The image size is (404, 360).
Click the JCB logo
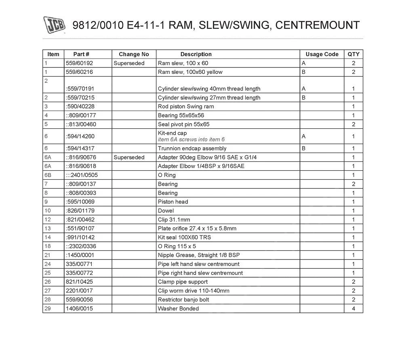click(54, 25)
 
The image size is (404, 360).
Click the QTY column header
click(353, 54)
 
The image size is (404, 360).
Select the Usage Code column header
click(322, 54)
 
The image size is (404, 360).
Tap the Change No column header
click(134, 54)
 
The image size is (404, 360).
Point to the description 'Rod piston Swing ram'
click(186, 107)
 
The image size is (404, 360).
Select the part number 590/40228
click(80, 107)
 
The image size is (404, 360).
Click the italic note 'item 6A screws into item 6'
click(191, 139)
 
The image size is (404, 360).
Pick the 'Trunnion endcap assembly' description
click(192, 149)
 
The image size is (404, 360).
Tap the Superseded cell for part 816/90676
click(129, 157)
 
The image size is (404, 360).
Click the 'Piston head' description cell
click(173, 202)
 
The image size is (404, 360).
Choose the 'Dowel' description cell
click(166, 211)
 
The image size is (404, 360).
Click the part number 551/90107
click(80, 228)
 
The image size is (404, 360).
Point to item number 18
click(48, 246)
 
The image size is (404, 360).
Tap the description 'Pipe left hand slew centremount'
click(198, 264)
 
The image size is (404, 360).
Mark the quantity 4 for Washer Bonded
click(353, 308)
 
